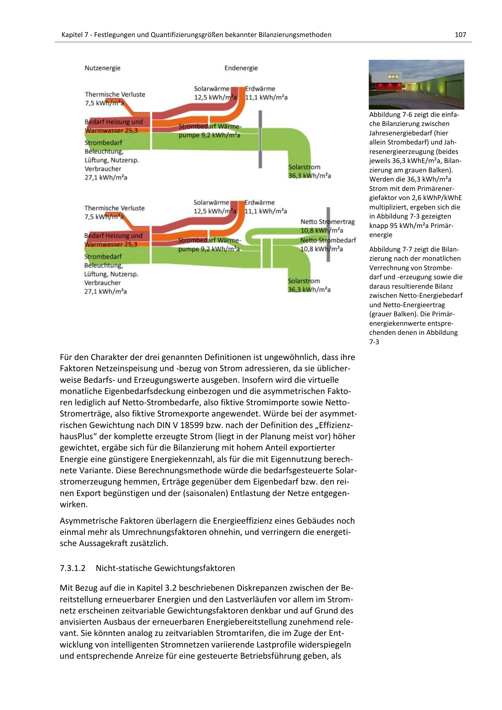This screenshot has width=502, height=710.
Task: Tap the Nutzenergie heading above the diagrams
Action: [102, 68]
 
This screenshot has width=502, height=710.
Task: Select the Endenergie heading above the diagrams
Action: [241, 68]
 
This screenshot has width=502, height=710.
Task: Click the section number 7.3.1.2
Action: [72, 568]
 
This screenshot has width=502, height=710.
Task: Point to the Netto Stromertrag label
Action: [327, 222]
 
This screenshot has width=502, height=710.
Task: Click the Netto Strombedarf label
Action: [328, 240]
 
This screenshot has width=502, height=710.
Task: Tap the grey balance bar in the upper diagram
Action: [260, 139]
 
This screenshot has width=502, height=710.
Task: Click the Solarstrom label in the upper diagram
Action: [304, 167]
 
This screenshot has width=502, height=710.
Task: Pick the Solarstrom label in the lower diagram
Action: [304, 281]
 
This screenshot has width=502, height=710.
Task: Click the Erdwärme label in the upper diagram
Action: [260, 89]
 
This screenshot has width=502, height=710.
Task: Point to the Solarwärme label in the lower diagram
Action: [211, 202]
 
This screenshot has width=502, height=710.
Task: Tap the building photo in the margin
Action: [416, 84]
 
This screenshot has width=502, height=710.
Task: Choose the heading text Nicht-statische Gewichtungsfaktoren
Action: [165, 568]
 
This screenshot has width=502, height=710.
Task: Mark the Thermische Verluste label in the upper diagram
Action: [115, 94]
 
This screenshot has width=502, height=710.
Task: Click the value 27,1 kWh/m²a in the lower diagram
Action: [105, 291]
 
